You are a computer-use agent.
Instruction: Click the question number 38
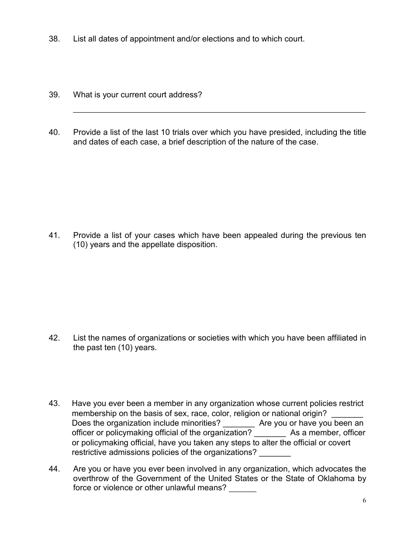pos(54,39)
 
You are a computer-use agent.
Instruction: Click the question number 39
pos(54,95)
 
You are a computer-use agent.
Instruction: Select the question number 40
pos(54,132)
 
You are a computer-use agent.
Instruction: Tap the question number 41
pos(54,235)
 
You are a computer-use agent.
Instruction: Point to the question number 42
pos(54,338)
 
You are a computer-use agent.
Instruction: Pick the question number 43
pos(54,403)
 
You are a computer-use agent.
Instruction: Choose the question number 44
pos(54,469)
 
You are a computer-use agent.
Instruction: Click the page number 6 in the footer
pos(364,501)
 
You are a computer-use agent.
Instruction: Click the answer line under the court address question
pos(218,112)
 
